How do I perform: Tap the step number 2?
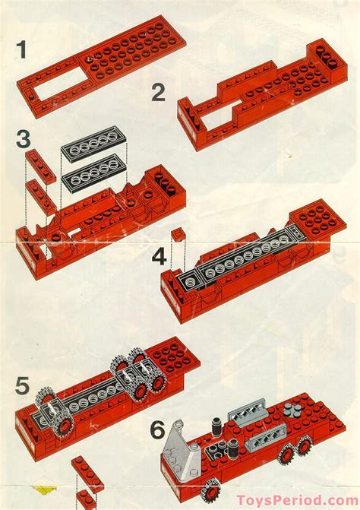point(158,93)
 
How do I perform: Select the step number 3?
point(24,141)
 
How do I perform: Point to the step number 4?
point(159,257)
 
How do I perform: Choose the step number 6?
point(157,431)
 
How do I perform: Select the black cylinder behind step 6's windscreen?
point(215,423)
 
